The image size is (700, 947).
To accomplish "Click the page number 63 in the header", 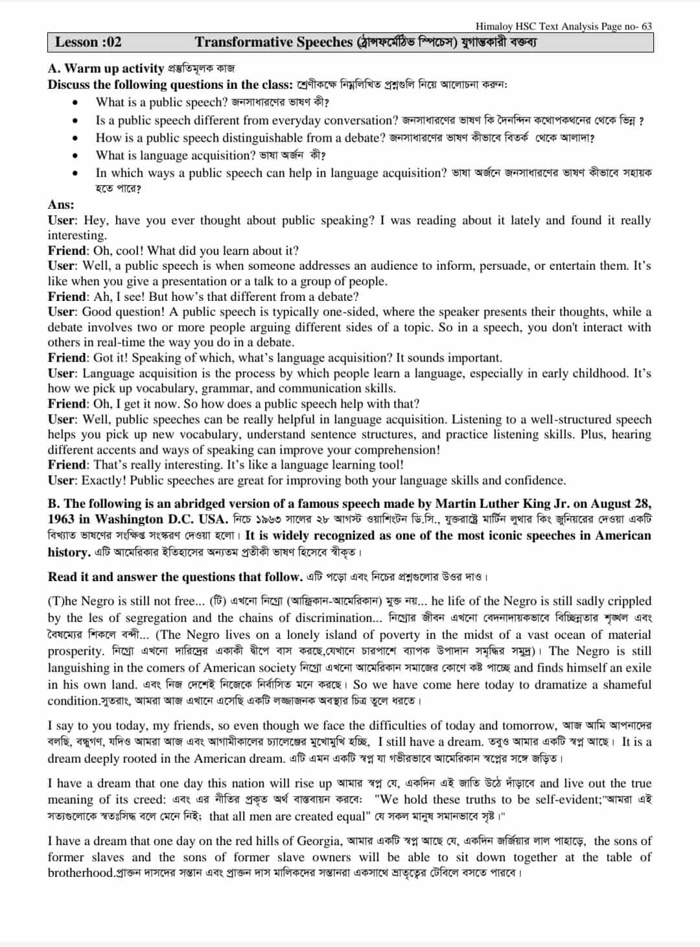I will click(x=646, y=27).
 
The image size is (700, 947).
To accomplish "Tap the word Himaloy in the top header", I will click(x=495, y=27).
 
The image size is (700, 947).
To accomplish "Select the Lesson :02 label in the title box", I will click(x=88, y=42).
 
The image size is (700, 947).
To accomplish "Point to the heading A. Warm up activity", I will click(x=106, y=68).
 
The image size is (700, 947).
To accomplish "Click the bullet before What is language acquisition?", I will click(x=76, y=156).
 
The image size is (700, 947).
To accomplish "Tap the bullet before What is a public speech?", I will click(x=76, y=102).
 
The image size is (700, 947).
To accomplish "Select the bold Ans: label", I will click(x=61, y=205).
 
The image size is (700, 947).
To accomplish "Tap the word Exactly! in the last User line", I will click(x=104, y=481).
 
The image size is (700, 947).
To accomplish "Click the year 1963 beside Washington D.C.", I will click(x=61, y=520).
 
